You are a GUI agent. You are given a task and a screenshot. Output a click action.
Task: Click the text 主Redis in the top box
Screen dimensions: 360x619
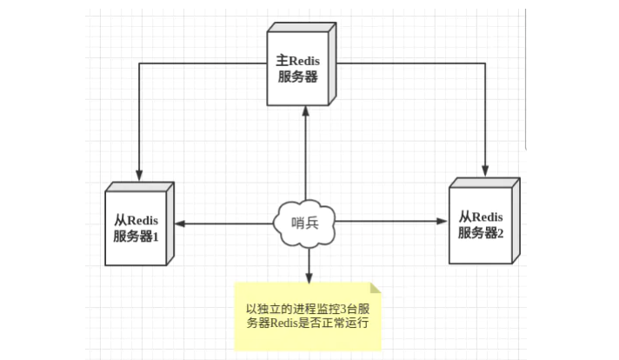(x=299, y=61)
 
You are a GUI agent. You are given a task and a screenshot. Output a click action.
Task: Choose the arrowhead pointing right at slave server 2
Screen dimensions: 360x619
(x=442, y=223)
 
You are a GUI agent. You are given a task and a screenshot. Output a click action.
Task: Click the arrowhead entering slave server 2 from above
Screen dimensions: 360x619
(x=485, y=172)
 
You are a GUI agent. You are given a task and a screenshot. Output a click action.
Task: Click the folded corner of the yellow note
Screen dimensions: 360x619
(x=376, y=288)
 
